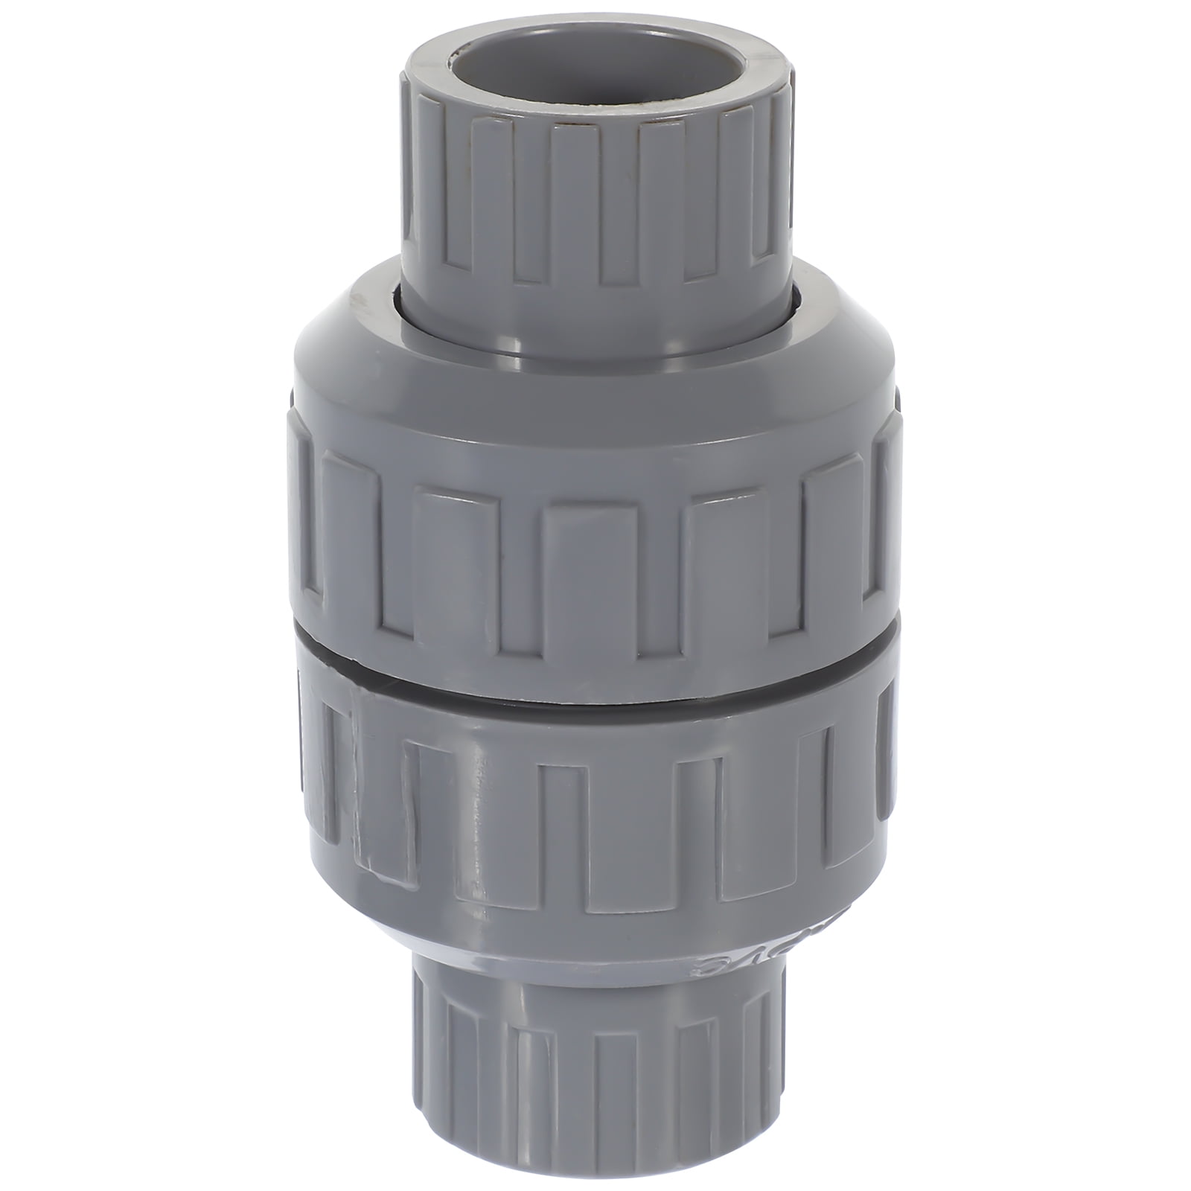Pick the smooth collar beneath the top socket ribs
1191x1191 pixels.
(x=595, y=328)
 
